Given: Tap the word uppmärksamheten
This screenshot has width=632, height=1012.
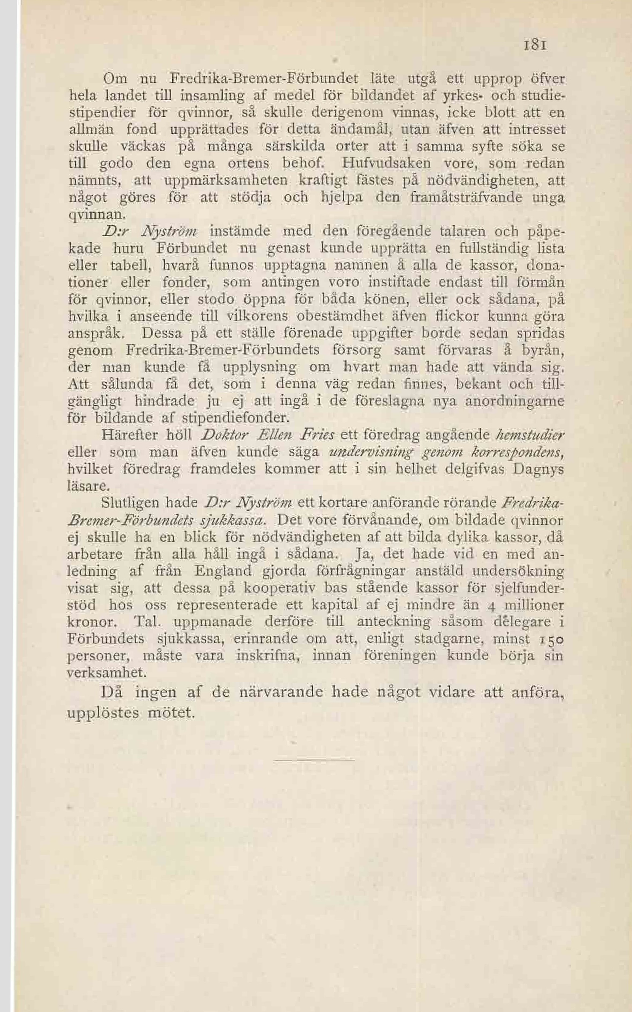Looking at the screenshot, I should coord(225,180).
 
